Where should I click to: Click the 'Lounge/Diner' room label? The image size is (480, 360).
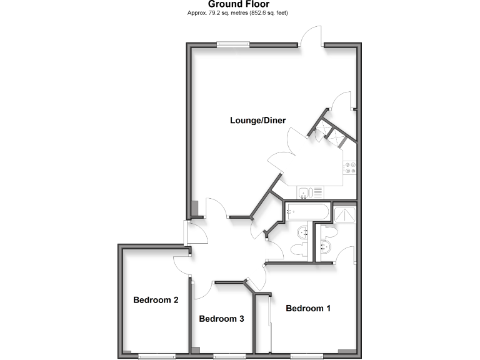257,121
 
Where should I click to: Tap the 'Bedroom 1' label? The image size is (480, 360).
308,308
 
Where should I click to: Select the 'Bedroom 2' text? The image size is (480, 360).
156,300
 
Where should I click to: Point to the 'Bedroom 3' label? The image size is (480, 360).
221,319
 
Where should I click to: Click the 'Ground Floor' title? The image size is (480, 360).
240,4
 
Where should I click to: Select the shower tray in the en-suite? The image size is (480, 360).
344,214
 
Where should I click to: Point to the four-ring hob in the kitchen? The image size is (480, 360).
349,167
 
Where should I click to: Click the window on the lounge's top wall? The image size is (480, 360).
232,44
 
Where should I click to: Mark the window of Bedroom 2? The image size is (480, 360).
156,356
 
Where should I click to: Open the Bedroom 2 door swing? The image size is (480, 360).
182,266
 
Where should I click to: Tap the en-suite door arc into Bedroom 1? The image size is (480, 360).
346,255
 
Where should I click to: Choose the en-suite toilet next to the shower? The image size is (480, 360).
330,232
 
